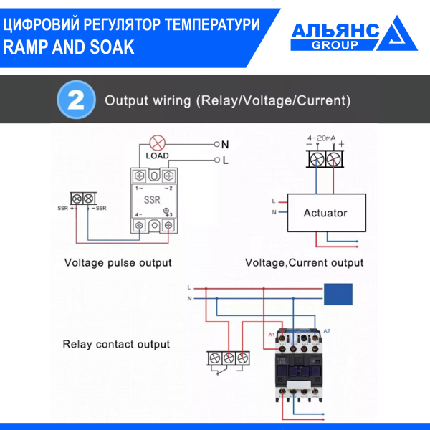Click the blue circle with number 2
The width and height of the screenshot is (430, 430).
76,100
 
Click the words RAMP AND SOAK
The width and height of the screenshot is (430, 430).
68,47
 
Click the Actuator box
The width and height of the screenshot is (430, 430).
325,213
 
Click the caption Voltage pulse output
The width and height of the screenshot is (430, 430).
118,262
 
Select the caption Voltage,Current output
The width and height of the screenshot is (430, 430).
304,262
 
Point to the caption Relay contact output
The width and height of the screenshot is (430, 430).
116,344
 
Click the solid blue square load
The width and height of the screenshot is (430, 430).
338,294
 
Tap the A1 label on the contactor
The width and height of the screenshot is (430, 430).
272,335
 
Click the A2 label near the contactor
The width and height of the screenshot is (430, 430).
327,330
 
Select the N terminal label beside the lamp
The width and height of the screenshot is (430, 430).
225,144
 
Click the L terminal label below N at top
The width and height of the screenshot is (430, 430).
225,161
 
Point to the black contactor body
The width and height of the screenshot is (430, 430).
299,373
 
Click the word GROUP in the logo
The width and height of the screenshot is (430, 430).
335,44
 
